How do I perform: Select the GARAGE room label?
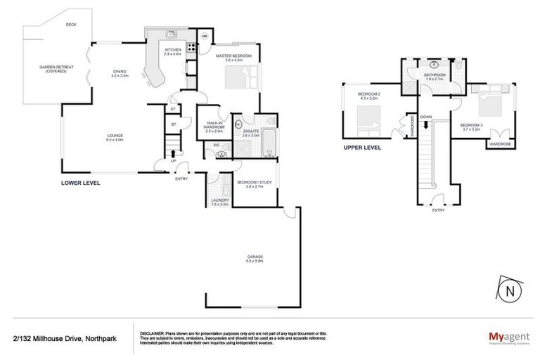254,258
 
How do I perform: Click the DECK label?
70,25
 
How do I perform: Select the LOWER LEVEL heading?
80,183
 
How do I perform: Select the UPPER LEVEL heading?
362,148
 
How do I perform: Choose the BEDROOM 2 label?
368,95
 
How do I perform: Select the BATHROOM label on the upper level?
435,75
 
